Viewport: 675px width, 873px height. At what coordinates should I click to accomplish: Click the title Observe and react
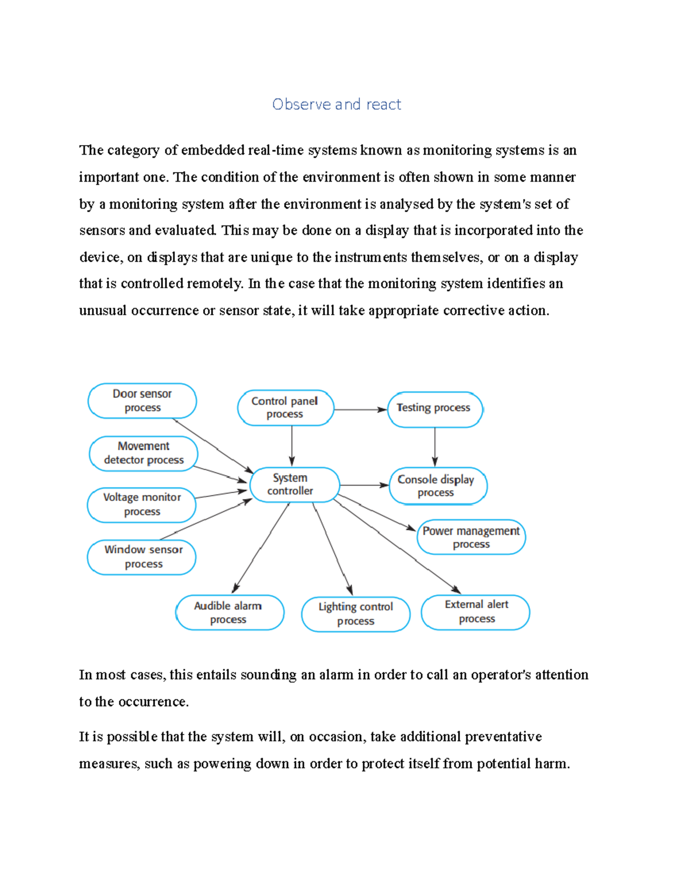[x=336, y=105]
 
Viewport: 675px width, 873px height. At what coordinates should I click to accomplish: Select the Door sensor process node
[x=142, y=401]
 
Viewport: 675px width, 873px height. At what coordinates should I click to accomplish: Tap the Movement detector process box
[x=143, y=453]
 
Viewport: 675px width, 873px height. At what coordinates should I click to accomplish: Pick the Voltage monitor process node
[x=142, y=505]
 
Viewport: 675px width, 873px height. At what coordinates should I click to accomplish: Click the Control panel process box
[x=285, y=408]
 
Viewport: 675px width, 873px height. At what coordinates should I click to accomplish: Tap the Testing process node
[x=434, y=409]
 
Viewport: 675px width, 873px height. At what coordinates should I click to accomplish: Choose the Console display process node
[x=437, y=486]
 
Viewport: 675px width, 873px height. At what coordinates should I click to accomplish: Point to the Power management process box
[x=471, y=537]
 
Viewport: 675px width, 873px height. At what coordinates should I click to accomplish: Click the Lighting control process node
[x=355, y=614]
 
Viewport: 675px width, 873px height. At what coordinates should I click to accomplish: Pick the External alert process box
[x=476, y=612]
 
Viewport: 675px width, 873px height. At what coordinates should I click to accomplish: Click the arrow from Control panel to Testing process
[x=361, y=410]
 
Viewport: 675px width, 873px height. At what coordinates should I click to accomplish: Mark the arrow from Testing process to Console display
[x=435, y=447]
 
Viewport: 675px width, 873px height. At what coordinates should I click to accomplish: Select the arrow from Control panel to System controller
[x=292, y=446]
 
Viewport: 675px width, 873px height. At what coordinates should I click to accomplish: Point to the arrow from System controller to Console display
[x=364, y=485]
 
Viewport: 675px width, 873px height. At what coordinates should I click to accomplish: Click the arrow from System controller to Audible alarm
[x=261, y=548]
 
